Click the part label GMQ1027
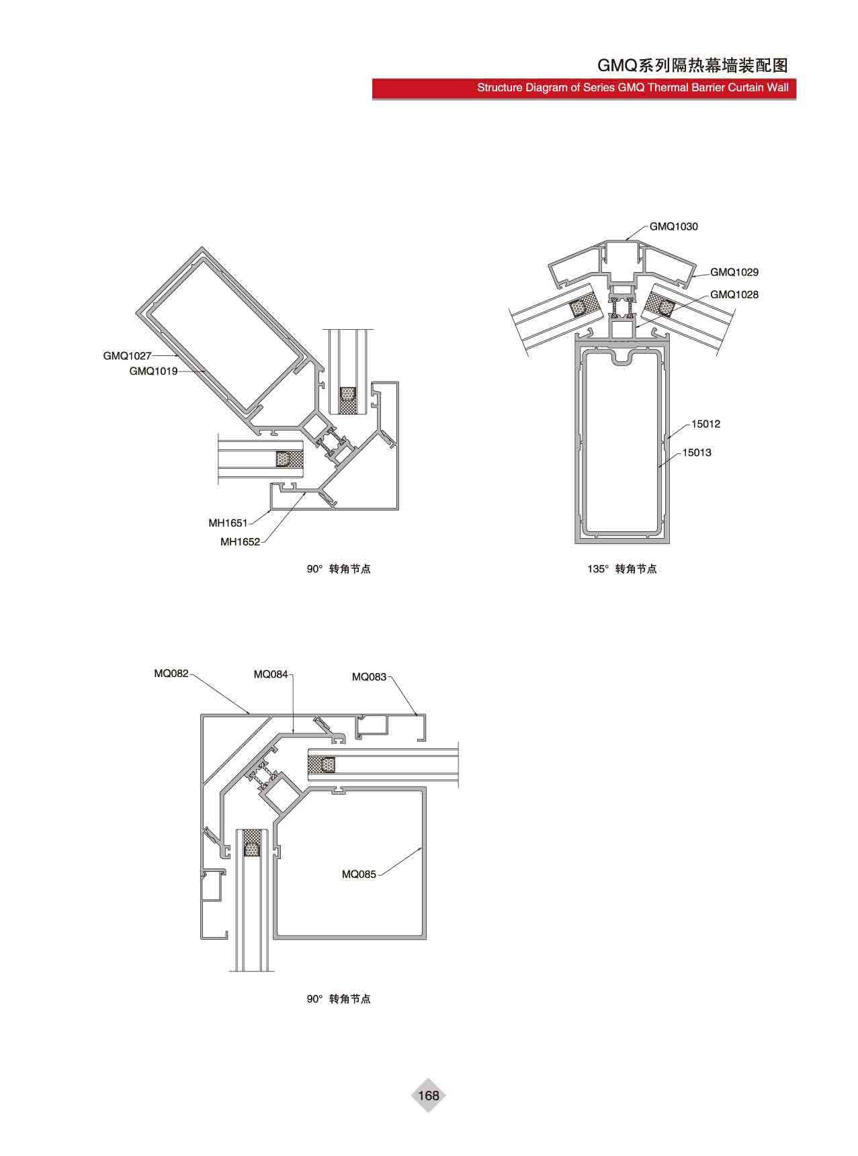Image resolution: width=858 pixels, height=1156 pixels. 127,356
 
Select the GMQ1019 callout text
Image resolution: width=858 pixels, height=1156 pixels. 153,371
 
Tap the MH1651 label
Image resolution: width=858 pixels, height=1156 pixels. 228,523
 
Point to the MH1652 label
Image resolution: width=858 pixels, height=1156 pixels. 240,541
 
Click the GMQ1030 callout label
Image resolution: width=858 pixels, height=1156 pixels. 673,226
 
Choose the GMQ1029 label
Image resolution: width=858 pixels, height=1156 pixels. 734,272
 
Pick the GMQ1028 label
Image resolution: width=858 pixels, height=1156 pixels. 734,294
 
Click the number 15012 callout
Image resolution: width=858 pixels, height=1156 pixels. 705,424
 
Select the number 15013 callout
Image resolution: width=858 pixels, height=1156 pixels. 697,452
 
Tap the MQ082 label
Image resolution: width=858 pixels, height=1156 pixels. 171,673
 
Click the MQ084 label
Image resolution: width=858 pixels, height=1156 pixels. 271,674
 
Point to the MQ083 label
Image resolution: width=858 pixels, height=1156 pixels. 370,676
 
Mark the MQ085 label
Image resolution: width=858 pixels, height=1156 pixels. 359,874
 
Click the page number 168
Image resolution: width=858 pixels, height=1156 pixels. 429,1096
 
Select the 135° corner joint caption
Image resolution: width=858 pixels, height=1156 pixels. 622,569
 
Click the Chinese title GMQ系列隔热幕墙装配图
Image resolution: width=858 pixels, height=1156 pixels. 693,65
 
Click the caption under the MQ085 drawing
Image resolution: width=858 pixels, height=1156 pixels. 339,999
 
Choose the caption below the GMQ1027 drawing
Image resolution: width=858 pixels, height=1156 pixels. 339,569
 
